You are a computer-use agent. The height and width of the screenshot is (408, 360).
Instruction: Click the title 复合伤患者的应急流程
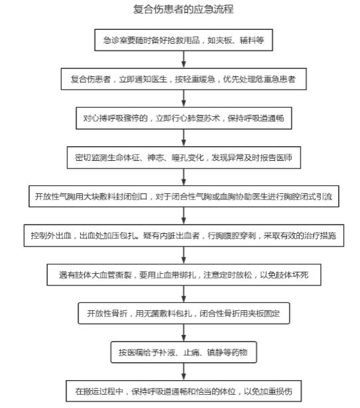coord(183,9)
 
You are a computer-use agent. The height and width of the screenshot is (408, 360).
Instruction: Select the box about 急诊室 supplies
coord(183,40)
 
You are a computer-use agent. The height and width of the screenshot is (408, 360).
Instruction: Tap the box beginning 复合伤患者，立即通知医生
coord(183,79)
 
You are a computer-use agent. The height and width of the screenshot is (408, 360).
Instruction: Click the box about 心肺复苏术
coord(183,118)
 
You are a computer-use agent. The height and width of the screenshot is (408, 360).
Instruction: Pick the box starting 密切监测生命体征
coord(183,157)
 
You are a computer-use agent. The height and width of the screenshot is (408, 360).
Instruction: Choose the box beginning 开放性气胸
coord(183,197)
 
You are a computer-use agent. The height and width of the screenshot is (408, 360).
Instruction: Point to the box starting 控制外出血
coord(183,235)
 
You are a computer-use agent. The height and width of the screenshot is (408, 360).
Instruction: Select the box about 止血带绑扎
coord(183,275)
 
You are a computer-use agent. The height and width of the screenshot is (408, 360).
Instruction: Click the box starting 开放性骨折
coord(183,313)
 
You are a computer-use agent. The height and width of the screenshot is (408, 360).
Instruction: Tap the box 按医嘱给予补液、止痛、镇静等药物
coord(183,352)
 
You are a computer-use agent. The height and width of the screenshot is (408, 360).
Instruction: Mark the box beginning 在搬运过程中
coord(183,391)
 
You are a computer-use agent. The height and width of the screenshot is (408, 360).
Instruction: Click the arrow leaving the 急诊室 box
coord(183,60)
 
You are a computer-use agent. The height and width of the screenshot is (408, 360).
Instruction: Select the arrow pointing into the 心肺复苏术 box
coord(183,98)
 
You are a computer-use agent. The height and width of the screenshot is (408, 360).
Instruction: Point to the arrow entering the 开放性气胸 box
coord(183,177)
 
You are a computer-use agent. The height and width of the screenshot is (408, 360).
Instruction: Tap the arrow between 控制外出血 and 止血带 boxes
coord(183,255)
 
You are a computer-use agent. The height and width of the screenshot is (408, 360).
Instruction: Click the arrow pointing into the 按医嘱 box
coord(183,333)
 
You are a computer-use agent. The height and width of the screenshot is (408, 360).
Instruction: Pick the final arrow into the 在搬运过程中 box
coord(183,372)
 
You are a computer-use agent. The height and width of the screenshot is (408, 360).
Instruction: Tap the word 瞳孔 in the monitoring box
coord(179,157)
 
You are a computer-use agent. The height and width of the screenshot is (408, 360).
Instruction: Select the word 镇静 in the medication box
coord(215,353)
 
